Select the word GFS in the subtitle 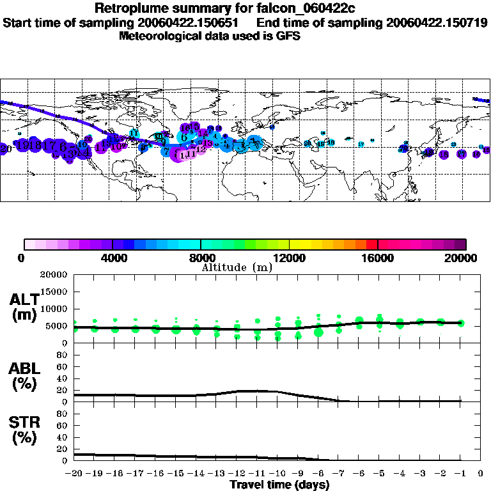point(288,36)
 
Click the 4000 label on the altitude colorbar point(113,258)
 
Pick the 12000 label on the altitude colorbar point(290,258)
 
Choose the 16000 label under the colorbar point(378,258)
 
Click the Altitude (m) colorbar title point(237,267)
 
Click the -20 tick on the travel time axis point(74,473)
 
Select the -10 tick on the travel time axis point(277,473)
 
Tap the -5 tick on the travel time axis point(379,473)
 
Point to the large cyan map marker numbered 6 point(184,137)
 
